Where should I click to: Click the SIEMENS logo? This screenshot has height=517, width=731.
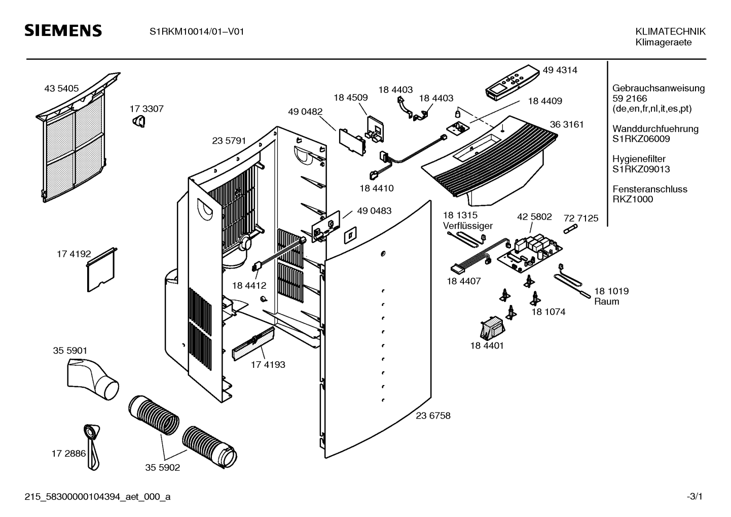(x=63, y=31)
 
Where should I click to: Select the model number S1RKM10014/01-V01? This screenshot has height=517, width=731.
(x=197, y=31)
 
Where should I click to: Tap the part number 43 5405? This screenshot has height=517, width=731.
(x=61, y=88)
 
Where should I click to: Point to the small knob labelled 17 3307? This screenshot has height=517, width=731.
(x=139, y=121)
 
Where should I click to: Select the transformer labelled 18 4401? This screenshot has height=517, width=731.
(x=492, y=328)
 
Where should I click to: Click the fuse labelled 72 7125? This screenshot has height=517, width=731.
(x=570, y=229)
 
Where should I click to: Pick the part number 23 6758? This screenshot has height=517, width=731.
(x=433, y=416)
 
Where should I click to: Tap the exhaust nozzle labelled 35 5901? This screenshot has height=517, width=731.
(x=93, y=379)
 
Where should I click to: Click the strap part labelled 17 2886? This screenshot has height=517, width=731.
(x=92, y=447)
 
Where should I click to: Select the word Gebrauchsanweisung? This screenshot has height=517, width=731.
(x=658, y=88)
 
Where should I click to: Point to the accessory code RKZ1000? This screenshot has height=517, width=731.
(x=633, y=199)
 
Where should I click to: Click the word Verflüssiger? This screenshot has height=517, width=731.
(x=467, y=226)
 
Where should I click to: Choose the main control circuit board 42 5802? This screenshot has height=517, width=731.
(x=529, y=253)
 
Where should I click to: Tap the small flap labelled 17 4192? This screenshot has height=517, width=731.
(x=101, y=270)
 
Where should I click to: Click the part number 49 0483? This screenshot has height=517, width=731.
(x=374, y=211)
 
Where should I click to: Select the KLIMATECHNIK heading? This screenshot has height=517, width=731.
(x=670, y=31)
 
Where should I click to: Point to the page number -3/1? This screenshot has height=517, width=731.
(x=695, y=497)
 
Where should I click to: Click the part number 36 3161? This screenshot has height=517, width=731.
(x=567, y=124)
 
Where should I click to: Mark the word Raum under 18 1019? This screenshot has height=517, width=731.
(x=606, y=301)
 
